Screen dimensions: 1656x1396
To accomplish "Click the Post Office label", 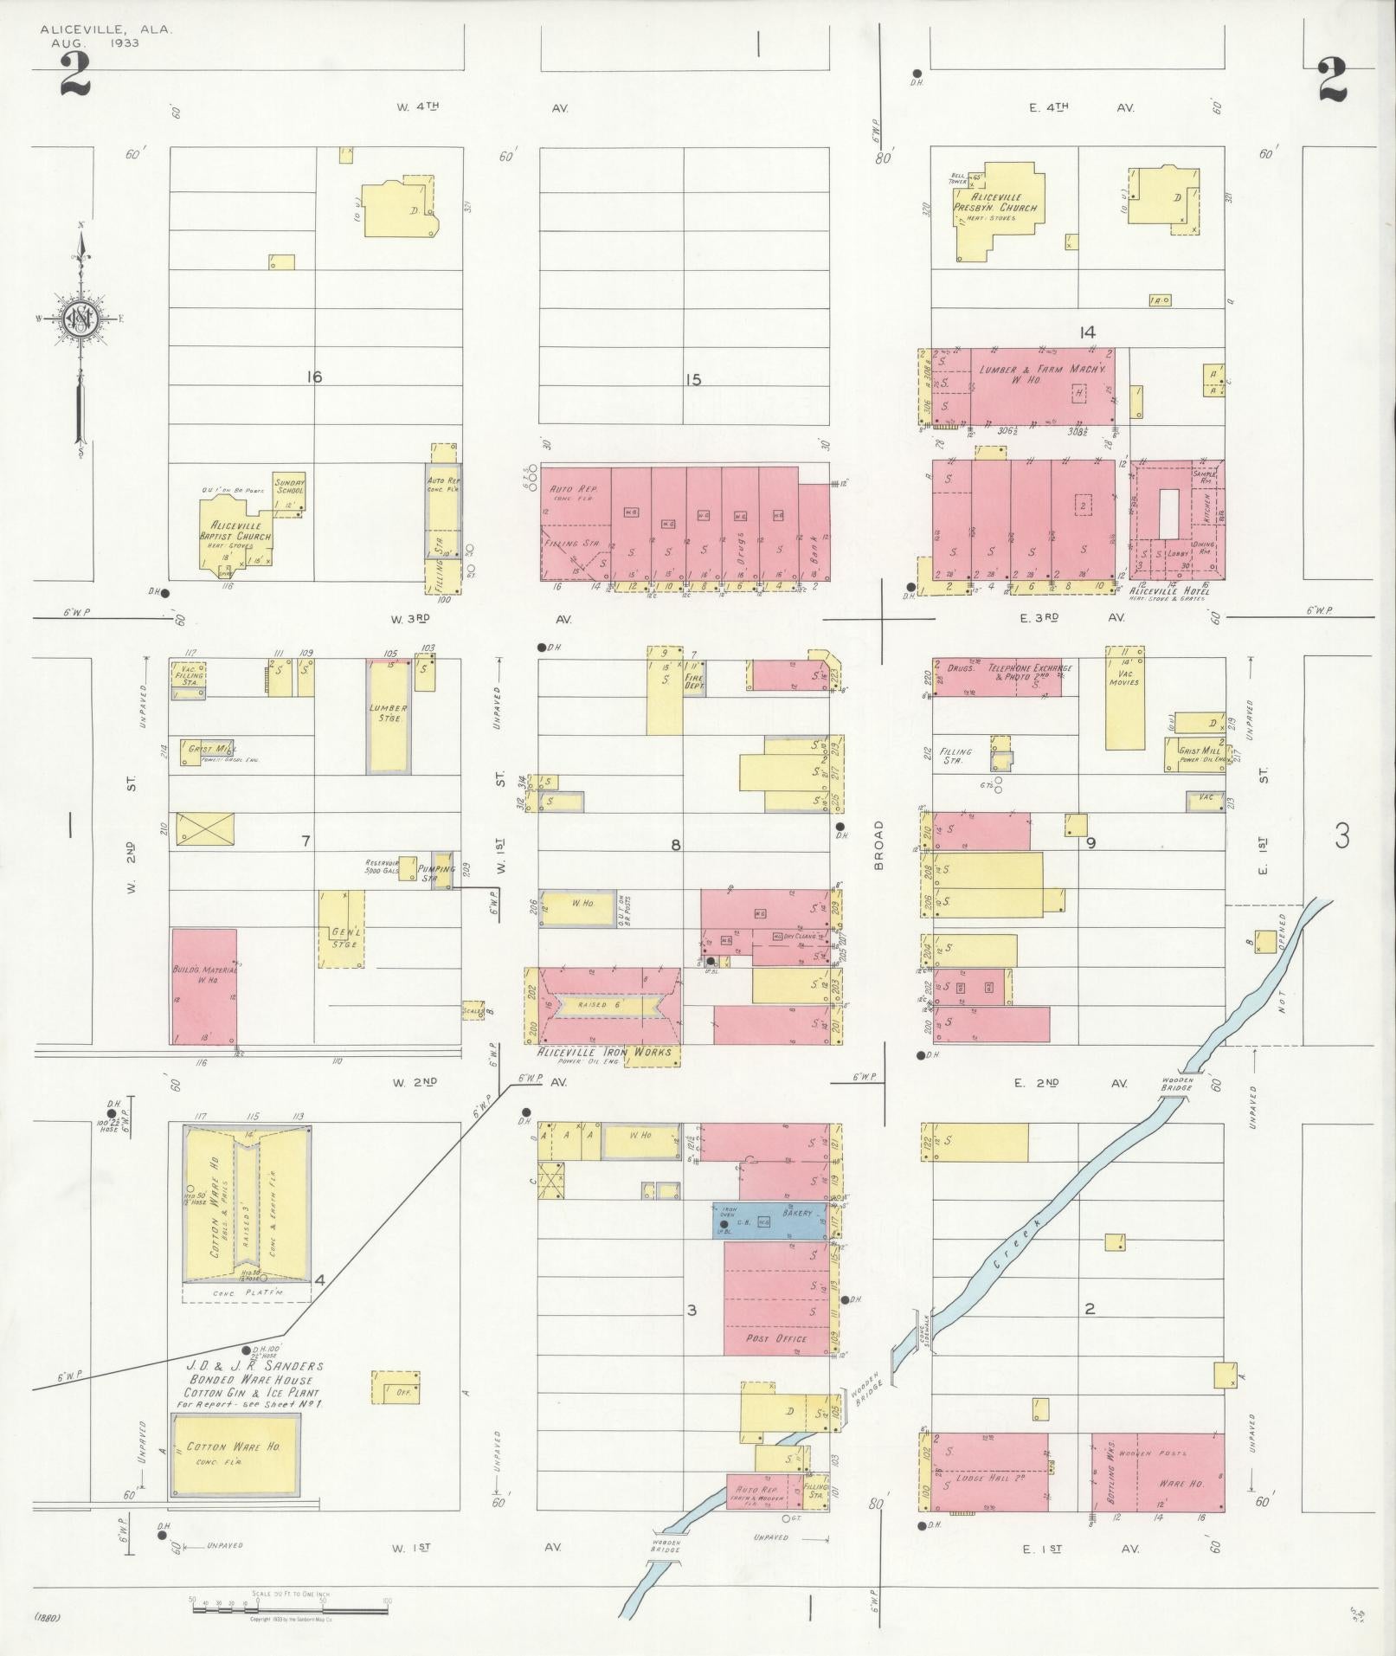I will pos(776,1338).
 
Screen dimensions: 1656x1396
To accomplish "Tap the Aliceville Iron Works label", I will pos(604,1052).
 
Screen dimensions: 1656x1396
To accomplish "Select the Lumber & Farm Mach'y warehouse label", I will pos(1043,375).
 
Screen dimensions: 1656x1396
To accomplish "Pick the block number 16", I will pos(313,377).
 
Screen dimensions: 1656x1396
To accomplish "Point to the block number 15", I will pos(692,379).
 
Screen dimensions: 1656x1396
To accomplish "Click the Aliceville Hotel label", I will pos(1169,590).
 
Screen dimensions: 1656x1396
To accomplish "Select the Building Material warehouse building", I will pos(204,986).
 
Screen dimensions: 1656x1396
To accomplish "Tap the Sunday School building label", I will pos(289,486).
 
